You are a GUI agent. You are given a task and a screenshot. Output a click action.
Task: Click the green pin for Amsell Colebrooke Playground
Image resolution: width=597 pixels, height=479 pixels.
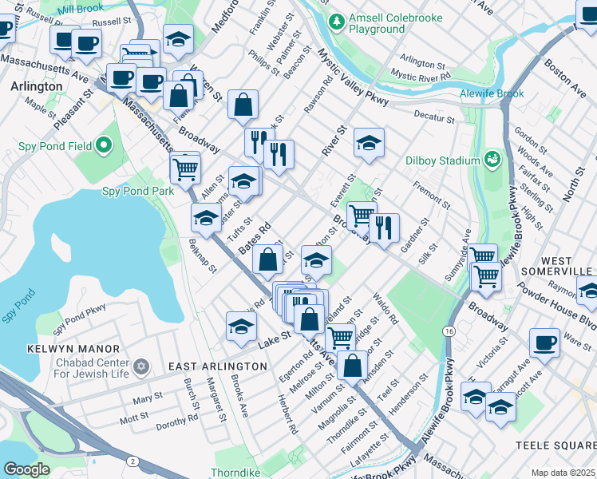[338, 19]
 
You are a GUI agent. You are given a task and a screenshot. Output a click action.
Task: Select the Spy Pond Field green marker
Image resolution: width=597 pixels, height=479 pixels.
[103, 147]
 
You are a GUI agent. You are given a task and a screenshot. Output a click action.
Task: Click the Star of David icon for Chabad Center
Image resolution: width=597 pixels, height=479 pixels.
[141, 366]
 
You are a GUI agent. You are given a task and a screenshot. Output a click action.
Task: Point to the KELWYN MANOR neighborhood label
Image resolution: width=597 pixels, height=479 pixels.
[73, 349]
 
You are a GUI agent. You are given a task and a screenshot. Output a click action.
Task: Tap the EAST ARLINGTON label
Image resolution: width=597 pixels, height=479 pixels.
[217, 366]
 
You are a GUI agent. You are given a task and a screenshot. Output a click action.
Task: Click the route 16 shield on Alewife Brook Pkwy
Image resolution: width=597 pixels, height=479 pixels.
[451, 330]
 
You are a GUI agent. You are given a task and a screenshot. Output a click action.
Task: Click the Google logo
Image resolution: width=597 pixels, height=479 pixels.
[26, 469]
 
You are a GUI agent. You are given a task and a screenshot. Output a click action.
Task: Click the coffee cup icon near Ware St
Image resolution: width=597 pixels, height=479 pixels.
[544, 342]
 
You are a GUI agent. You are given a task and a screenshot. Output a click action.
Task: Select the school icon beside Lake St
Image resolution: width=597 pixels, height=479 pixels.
[241, 325]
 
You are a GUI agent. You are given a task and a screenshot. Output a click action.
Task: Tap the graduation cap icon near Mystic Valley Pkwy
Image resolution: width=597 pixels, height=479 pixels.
[368, 142]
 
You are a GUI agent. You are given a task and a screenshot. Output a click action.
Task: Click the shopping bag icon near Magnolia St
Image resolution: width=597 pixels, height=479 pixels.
[352, 366]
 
